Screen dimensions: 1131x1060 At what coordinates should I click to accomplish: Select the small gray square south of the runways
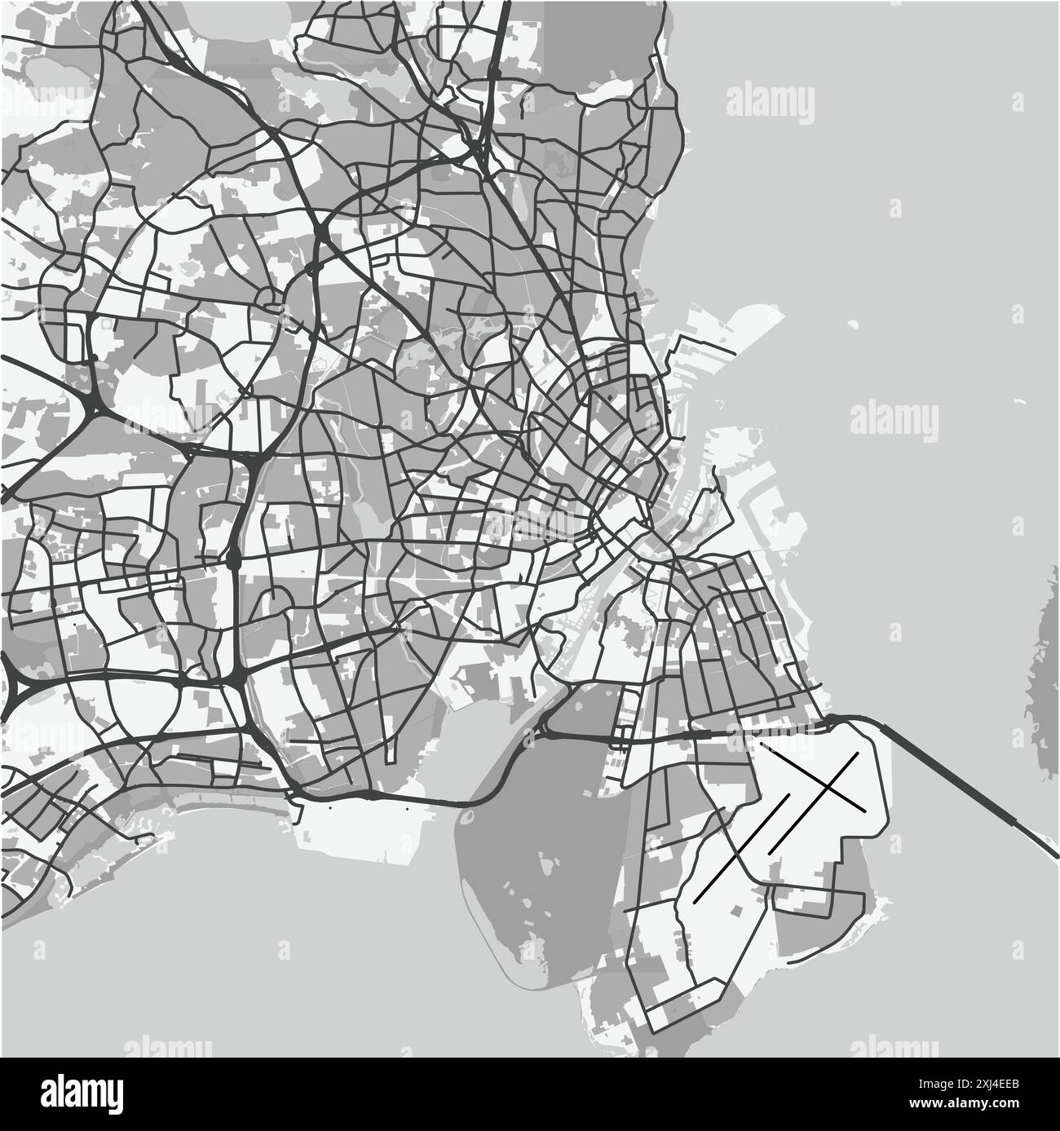737,910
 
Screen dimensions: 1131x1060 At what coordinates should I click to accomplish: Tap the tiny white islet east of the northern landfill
853,324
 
